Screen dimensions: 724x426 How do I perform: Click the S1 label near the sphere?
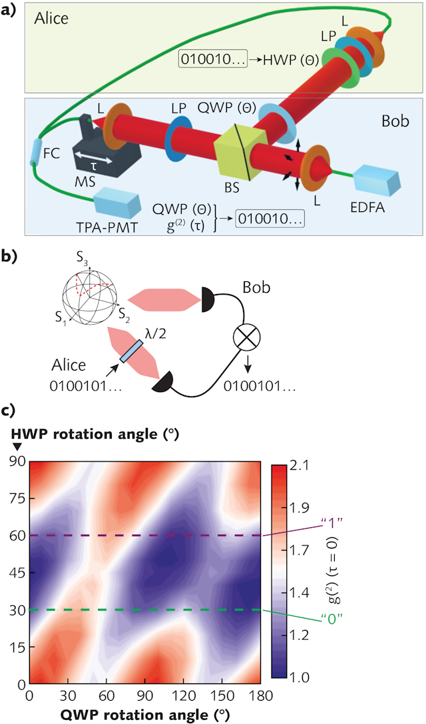click(x=61, y=318)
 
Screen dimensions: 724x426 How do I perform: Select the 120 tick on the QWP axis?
click(x=184, y=695)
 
